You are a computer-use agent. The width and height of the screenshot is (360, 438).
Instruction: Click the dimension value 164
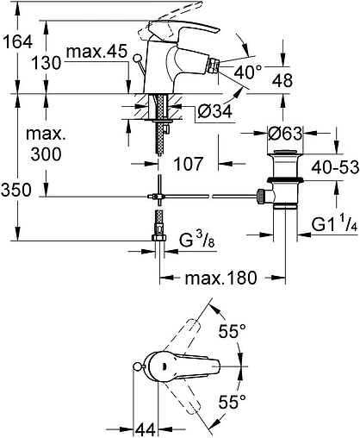19,40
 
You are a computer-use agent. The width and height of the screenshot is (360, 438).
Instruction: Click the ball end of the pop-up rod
134,57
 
